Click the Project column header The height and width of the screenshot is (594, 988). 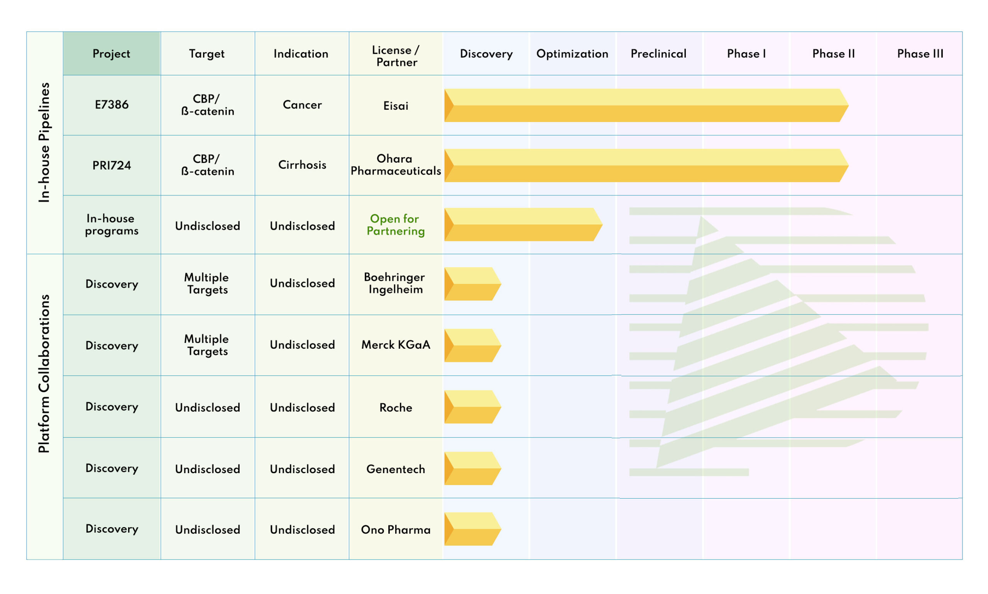pyautogui.click(x=111, y=54)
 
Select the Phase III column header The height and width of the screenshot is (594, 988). pyautogui.click(x=920, y=54)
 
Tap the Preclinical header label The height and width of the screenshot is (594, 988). pyautogui.click(x=658, y=54)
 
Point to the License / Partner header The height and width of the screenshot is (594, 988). pyautogui.click(x=396, y=56)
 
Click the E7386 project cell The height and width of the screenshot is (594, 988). pyautogui.click(x=112, y=105)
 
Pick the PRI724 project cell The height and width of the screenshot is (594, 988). pyautogui.click(x=112, y=165)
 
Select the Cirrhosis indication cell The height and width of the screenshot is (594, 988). pyautogui.click(x=302, y=165)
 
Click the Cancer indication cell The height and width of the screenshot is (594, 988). pyautogui.click(x=302, y=105)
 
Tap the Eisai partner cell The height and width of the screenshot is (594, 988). pyautogui.click(x=396, y=106)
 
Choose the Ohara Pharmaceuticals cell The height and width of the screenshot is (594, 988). pyautogui.click(x=396, y=165)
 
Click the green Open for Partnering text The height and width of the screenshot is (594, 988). pyautogui.click(x=395, y=225)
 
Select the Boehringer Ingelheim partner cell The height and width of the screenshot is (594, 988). pyautogui.click(x=395, y=283)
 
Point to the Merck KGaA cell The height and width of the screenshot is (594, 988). pyautogui.click(x=396, y=345)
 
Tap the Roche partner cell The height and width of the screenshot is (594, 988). pyautogui.click(x=396, y=407)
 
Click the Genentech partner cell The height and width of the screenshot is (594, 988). pyautogui.click(x=396, y=469)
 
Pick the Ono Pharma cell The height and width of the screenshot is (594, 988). pyautogui.click(x=396, y=530)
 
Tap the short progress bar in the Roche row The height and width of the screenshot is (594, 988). pyautogui.click(x=472, y=407)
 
